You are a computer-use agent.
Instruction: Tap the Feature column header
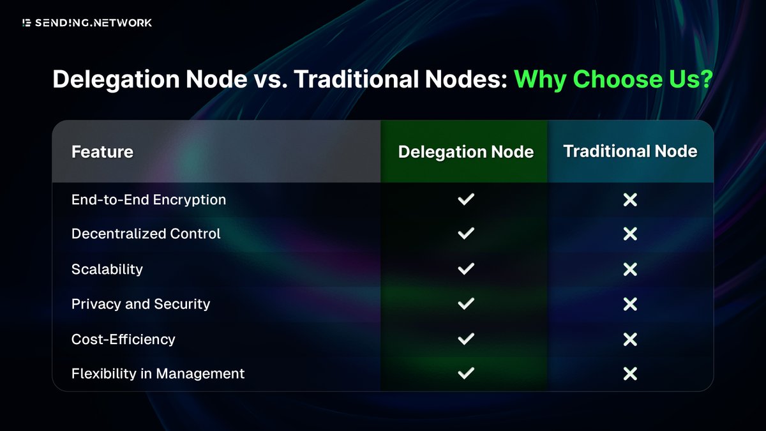pyautogui.click(x=102, y=152)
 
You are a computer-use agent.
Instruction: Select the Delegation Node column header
pyautogui.click(x=465, y=152)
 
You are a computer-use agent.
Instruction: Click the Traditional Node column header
pyautogui.click(x=630, y=151)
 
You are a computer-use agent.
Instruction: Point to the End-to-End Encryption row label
pyautogui.click(x=149, y=200)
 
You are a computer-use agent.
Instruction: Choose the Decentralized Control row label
pyautogui.click(x=146, y=234)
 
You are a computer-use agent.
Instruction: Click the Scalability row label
pyautogui.click(x=107, y=269)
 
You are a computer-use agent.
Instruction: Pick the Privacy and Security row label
pyautogui.click(x=140, y=304)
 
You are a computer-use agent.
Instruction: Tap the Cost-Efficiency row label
pyautogui.click(x=123, y=339)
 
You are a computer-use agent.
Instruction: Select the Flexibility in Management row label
pyautogui.click(x=158, y=374)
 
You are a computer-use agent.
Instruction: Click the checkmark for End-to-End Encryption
pyautogui.click(x=466, y=200)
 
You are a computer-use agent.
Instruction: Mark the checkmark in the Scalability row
pyautogui.click(x=466, y=269)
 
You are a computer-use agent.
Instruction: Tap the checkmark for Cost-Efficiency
pyautogui.click(x=466, y=339)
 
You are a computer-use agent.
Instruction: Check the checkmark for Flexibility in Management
pyautogui.click(x=466, y=374)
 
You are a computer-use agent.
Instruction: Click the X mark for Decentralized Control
pyautogui.click(x=630, y=234)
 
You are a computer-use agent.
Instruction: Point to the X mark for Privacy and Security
pyautogui.click(x=630, y=304)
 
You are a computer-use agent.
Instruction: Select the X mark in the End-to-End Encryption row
pyautogui.click(x=630, y=200)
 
